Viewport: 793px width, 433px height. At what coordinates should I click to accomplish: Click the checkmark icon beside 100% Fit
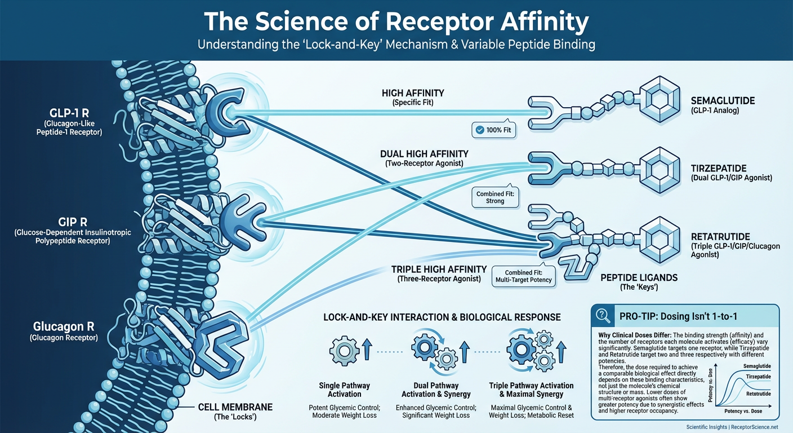coord(479,130)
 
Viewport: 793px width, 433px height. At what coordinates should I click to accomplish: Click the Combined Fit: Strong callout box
coord(494,197)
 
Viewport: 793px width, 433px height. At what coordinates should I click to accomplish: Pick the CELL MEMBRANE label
coord(235,407)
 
